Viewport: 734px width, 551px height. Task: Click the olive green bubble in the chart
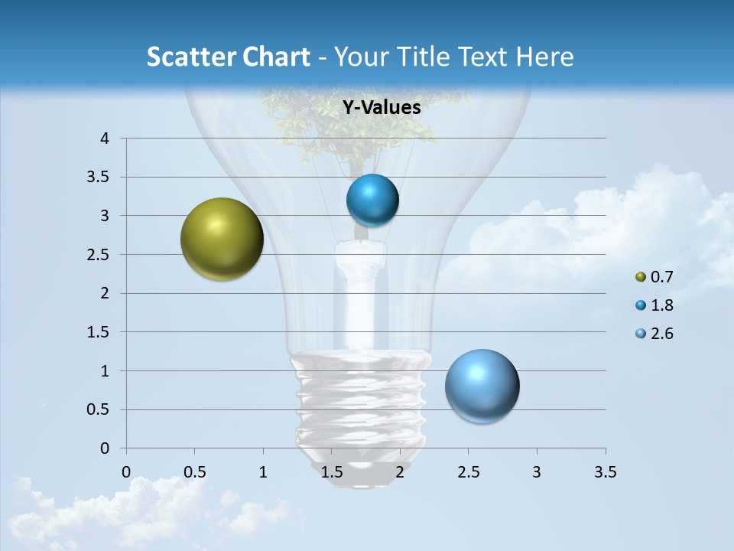(x=222, y=239)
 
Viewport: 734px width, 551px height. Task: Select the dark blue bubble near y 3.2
(x=372, y=201)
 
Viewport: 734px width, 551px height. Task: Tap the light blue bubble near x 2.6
(x=482, y=386)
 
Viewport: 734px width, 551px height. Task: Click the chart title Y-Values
(x=381, y=108)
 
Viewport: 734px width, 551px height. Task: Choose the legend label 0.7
(x=662, y=277)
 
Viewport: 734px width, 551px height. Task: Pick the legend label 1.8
(x=662, y=305)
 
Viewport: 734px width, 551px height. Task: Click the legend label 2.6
(x=662, y=334)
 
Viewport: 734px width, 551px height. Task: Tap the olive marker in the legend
(x=641, y=277)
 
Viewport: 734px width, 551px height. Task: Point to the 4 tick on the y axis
(x=106, y=139)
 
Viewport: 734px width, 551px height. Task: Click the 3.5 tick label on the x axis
(x=605, y=472)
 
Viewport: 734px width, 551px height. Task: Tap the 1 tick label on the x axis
(x=263, y=472)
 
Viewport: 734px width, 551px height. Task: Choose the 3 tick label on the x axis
(x=537, y=472)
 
